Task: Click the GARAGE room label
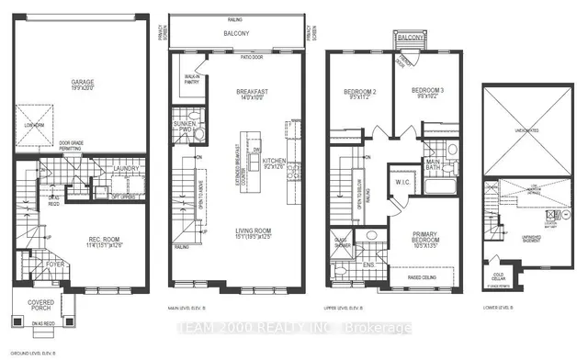84,82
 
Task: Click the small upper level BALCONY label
405,38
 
